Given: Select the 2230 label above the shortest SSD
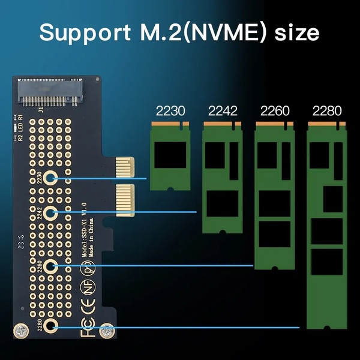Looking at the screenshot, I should (170, 110).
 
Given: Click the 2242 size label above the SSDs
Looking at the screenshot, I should (223, 110).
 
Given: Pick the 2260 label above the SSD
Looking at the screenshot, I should (275, 110).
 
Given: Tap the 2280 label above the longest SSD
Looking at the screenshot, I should (327, 110).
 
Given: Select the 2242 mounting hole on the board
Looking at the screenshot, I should (50, 212).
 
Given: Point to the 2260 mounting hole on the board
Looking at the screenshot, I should (50, 265).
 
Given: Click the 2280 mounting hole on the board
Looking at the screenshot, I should (50, 327).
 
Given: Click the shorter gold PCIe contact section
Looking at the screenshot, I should (125, 167).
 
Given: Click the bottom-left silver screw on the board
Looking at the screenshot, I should (20, 331).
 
